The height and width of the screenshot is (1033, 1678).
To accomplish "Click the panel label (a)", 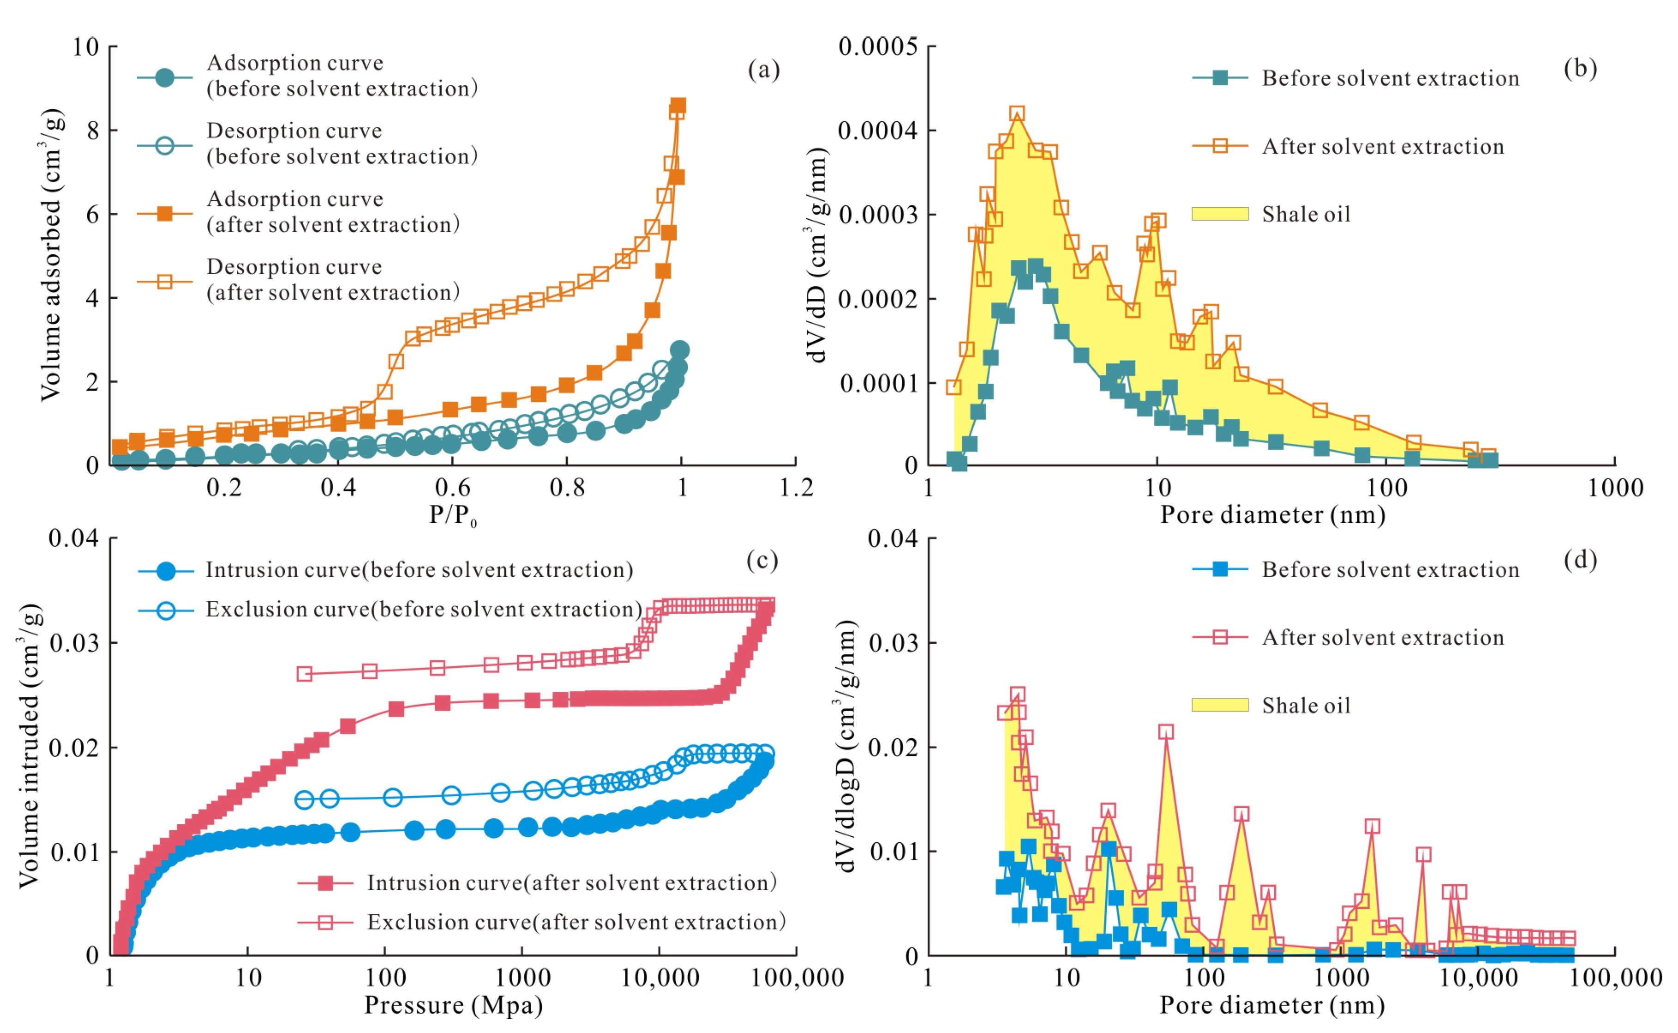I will pos(763,70).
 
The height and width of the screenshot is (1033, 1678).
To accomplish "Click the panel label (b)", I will pos(1580,69).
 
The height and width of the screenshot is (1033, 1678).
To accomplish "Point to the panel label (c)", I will pos(762,560).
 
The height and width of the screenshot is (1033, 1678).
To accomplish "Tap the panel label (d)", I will pos(1580,560).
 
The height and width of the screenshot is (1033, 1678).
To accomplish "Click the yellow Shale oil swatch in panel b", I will pos(1219,214).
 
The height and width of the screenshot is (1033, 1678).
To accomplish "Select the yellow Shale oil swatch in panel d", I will pos(1219,705).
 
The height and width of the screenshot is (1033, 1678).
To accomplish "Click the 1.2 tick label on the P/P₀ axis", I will pos(796,488).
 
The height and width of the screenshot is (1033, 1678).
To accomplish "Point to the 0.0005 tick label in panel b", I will pos(878,47).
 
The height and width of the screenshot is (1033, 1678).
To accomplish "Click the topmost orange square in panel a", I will pos(678,105).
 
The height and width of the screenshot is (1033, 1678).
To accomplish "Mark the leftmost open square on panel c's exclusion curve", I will pos(305,674).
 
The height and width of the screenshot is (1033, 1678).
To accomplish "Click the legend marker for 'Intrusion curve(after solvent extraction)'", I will pos(326,883).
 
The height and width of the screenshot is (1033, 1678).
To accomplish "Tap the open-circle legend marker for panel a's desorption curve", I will pos(164,145).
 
